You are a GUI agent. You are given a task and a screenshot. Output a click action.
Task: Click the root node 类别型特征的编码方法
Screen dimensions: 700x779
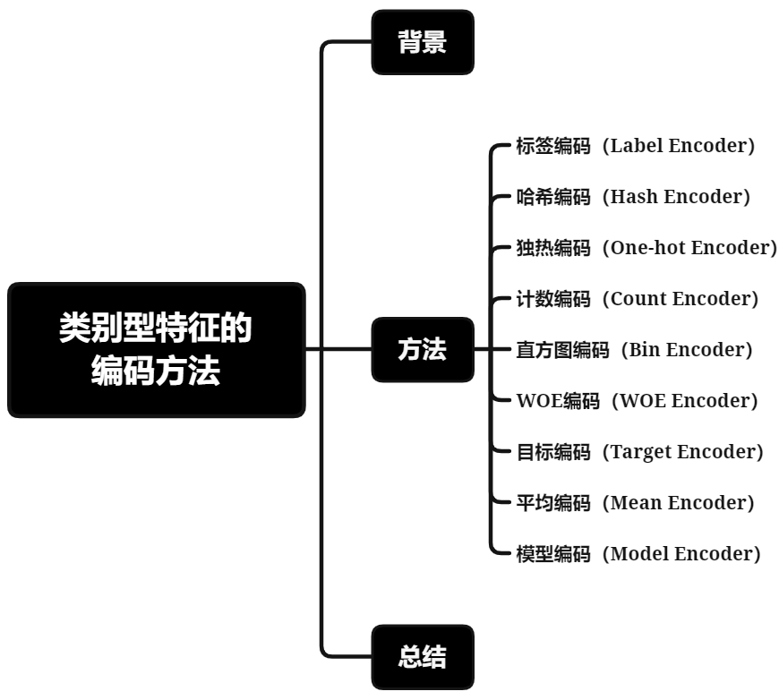(x=156, y=350)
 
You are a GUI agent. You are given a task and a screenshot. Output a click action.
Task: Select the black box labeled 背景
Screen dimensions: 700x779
(x=422, y=42)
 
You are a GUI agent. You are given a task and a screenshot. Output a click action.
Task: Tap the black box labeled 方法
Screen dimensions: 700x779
(x=422, y=350)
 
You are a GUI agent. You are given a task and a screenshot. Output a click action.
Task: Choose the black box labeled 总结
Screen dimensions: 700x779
(x=422, y=658)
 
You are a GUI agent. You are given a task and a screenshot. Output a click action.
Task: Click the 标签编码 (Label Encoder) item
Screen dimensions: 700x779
(x=636, y=146)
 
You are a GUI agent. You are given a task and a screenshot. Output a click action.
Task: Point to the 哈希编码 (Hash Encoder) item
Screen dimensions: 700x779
(x=633, y=197)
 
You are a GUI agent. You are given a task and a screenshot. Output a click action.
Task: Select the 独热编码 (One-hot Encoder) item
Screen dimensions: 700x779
(x=646, y=248)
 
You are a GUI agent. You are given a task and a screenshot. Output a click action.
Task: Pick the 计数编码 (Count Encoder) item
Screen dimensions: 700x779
(x=637, y=299)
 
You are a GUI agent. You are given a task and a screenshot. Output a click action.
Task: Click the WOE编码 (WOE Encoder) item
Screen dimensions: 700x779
(x=637, y=401)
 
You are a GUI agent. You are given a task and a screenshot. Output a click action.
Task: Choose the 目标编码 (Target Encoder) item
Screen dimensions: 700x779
(x=639, y=452)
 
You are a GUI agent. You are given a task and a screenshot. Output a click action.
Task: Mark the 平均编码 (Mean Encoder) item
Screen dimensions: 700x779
(x=635, y=503)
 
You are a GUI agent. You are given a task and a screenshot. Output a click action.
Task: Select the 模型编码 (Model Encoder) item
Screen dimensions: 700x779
(x=638, y=554)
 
